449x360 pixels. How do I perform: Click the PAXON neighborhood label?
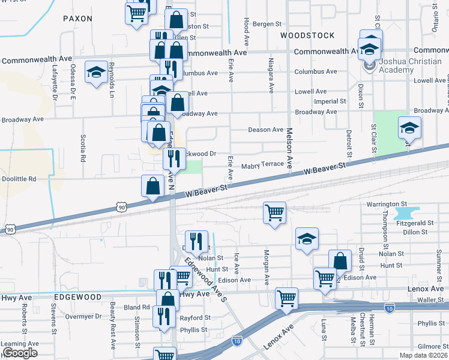[x=78, y=19]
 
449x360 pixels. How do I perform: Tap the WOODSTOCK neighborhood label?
[x=308, y=35]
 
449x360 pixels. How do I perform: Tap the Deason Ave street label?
[x=266, y=130]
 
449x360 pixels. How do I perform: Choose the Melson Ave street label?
[x=289, y=150]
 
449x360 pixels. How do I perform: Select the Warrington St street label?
[x=387, y=205]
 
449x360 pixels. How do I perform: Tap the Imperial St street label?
[x=326, y=102]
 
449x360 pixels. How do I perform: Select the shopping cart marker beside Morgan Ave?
[x=275, y=212]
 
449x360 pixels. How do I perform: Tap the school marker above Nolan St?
[x=307, y=239]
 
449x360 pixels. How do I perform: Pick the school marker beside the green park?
[x=409, y=128]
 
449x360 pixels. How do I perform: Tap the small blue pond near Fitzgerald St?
[x=407, y=214]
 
